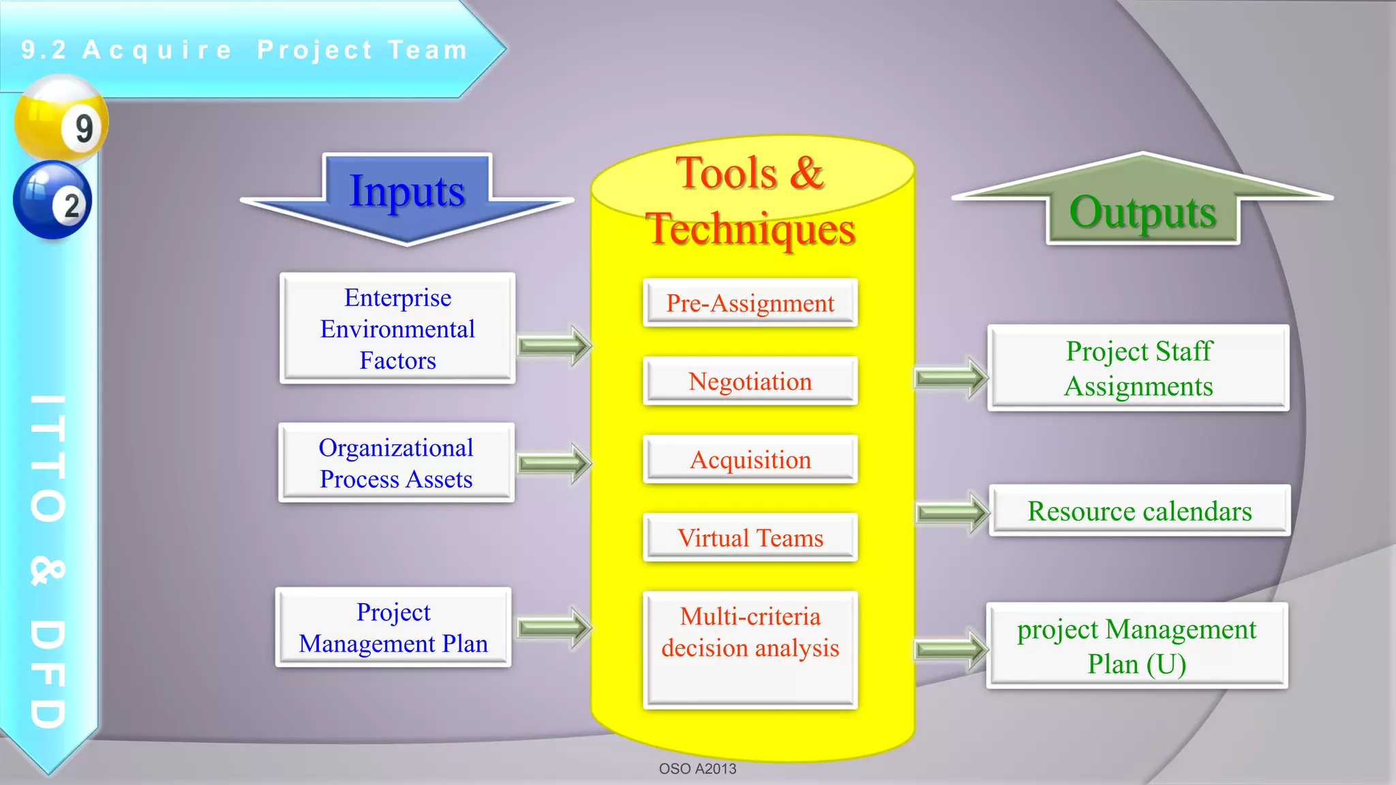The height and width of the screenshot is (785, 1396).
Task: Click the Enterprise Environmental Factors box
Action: point(397,328)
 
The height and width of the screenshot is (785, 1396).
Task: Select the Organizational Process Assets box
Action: point(396,463)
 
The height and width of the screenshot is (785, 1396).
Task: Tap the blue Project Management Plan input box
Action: point(393,627)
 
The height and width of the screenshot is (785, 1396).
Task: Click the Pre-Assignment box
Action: point(750,303)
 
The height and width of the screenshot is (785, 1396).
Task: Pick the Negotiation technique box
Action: point(750,381)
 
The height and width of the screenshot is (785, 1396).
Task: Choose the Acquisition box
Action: point(750,459)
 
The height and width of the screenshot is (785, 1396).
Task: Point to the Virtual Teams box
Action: point(750,538)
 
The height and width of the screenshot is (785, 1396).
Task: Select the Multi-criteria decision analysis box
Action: point(750,649)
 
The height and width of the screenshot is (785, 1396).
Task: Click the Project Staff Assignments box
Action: point(1138,368)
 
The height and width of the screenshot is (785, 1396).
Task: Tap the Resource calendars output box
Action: point(1139,510)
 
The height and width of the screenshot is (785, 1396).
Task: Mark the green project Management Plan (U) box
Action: point(1136,645)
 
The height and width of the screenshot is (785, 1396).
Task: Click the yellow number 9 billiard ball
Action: point(61,119)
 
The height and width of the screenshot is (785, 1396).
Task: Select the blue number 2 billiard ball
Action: point(52,200)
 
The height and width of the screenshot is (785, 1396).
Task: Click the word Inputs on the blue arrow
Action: point(407,191)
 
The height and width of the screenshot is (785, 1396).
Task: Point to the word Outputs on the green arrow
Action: point(1142,213)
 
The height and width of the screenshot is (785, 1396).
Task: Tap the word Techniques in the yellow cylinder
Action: point(750,229)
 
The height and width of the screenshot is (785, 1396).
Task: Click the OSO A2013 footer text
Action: point(697,769)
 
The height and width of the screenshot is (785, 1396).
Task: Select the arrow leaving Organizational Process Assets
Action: point(553,463)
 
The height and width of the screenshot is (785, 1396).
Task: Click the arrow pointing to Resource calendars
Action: point(952,512)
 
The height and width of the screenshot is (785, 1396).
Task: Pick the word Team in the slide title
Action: point(427,50)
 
